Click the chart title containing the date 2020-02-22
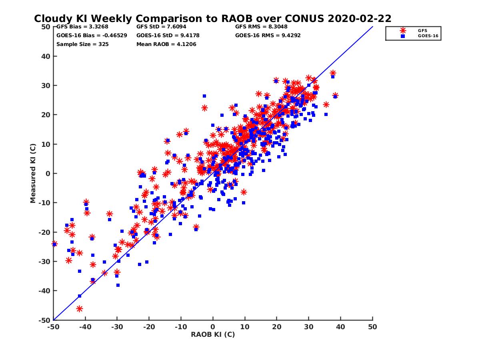[212, 18]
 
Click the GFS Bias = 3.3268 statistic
[82, 27]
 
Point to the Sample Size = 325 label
[82, 44]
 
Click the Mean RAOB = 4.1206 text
[166, 44]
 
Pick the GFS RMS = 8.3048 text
[261, 27]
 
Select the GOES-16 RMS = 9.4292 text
[268, 35]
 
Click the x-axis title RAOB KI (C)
[213, 334]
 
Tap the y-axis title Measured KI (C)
[33, 174]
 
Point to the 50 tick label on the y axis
[46, 27]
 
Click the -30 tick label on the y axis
[44, 262]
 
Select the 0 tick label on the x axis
[213, 327]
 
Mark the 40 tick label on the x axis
[341, 327]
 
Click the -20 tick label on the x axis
[149, 327]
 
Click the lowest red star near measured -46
[80, 308]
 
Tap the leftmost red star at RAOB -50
[54, 244]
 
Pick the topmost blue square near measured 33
[332, 77]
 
